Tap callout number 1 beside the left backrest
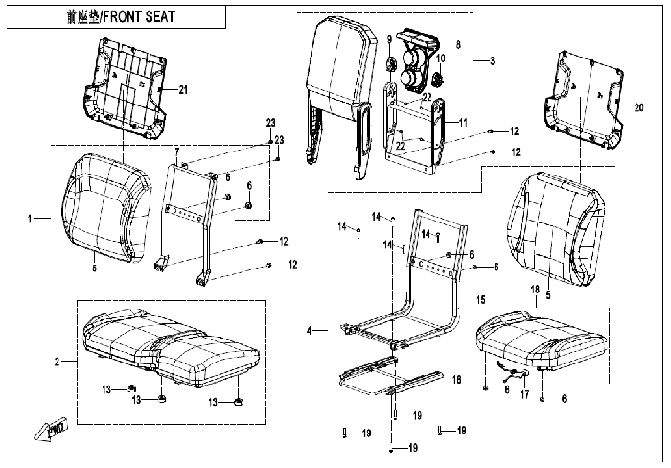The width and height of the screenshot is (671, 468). click(33, 219)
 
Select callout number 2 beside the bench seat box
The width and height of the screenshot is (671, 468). click(58, 362)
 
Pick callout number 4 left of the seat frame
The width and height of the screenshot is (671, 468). click(309, 331)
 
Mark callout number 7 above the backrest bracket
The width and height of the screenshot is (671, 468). click(176, 152)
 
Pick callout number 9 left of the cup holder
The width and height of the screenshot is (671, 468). click(390, 39)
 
